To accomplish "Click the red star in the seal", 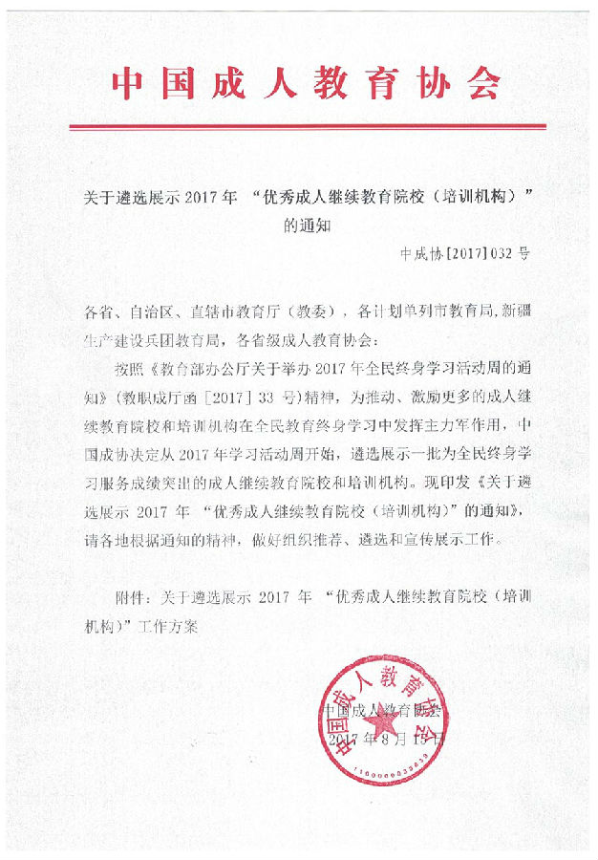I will coord(374,724).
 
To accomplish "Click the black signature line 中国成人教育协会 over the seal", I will coord(381,711).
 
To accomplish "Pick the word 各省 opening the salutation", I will coord(98,312).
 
